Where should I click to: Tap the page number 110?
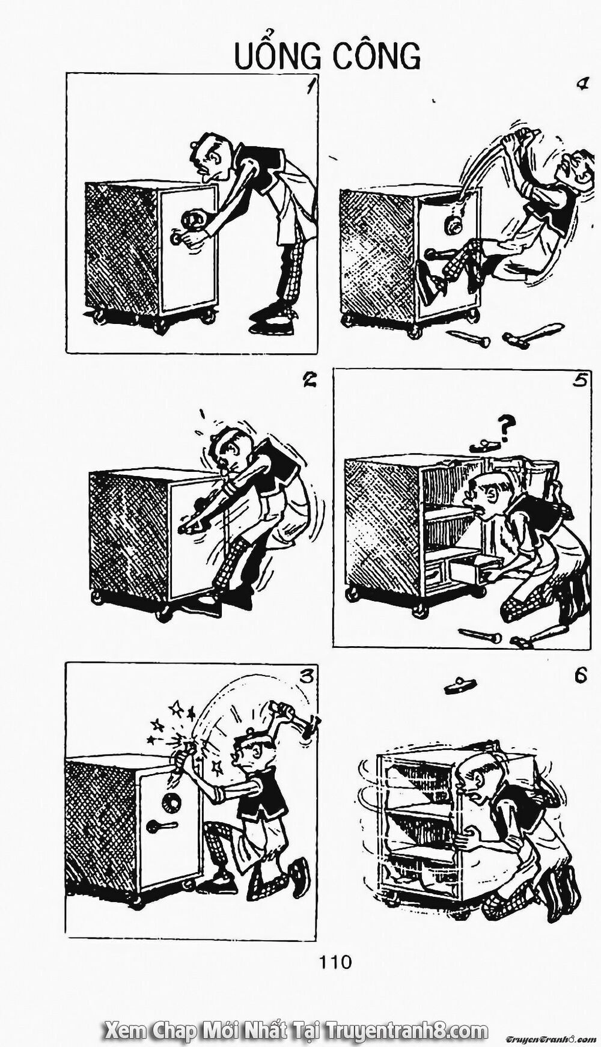[335, 962]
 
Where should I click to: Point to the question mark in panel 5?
[507, 429]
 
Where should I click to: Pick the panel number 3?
[307, 677]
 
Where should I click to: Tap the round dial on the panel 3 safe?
[171, 800]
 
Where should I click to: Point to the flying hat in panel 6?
[460, 685]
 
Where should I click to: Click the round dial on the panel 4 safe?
[452, 226]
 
